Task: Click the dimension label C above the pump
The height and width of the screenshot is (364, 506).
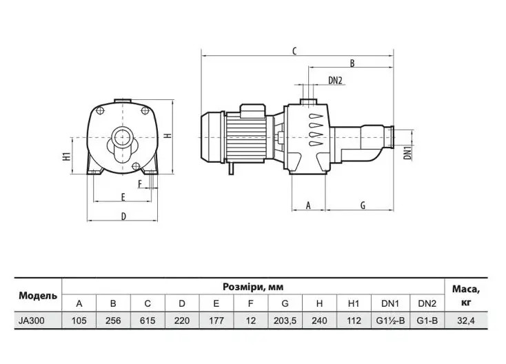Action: click(294, 51)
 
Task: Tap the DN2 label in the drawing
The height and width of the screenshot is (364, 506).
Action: click(335, 81)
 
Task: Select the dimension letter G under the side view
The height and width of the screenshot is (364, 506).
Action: click(363, 205)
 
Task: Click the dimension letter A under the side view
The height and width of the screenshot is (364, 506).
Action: click(308, 205)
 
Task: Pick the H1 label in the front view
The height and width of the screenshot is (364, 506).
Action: click(66, 156)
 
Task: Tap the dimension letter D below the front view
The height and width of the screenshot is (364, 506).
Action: click(123, 216)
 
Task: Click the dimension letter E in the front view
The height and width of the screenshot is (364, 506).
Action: click(123, 197)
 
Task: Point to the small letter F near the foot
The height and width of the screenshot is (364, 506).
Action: click(140, 184)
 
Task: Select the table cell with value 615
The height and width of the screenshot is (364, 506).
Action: click(148, 321)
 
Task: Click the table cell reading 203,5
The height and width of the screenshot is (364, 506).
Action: click(285, 321)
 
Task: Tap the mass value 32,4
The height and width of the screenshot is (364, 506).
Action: click(466, 321)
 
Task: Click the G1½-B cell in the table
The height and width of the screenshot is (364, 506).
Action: click(390, 321)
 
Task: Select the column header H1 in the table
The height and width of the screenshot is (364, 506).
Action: click(354, 303)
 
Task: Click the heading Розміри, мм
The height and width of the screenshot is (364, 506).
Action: click(253, 287)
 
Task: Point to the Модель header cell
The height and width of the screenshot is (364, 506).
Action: click(38, 296)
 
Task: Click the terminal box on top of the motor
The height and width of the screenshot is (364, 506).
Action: click(253, 112)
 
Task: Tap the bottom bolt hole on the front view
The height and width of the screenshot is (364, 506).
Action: click(136, 167)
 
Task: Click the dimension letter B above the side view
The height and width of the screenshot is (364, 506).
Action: click(352, 63)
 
